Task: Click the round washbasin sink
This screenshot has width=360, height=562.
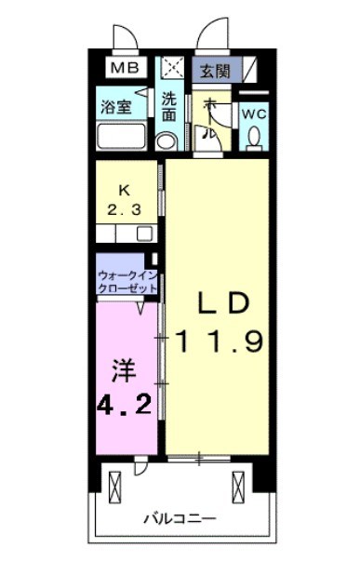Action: click(x=167, y=140)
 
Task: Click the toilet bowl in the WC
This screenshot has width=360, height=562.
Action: click(x=253, y=140)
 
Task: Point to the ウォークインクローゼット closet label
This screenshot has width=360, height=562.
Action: click(x=126, y=282)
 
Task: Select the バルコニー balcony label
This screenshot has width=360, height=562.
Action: click(x=180, y=518)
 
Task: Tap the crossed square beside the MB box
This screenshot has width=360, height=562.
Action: click(x=171, y=68)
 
